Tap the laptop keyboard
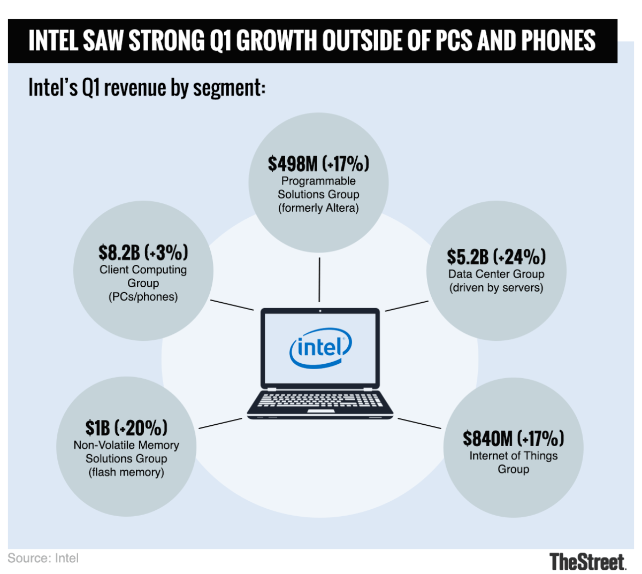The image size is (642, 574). coord(320,400)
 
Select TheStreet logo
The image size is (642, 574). coord(587,562)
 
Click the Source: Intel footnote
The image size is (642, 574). coord(43,558)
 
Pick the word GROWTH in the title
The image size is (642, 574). coord(277,41)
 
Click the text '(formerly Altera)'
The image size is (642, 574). coord(318,208)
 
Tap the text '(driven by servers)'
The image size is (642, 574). coord(496,288)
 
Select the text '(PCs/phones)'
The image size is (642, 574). coord(143,297)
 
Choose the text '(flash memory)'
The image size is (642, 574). coord(126,472)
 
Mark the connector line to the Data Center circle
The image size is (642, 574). coord(407,306)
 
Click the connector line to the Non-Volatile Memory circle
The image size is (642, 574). coord(220,423)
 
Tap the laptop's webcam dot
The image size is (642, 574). coord(320,311)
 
